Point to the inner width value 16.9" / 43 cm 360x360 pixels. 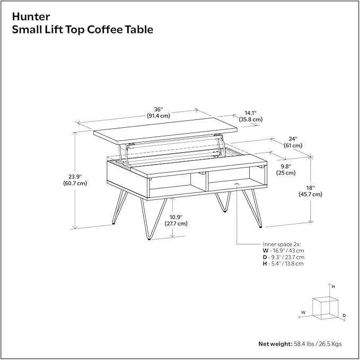(287, 250)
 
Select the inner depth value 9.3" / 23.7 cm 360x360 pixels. (287, 257)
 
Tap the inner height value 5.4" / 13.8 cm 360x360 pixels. (286, 264)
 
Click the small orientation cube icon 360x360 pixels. (324, 307)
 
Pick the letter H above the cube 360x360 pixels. (333, 286)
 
